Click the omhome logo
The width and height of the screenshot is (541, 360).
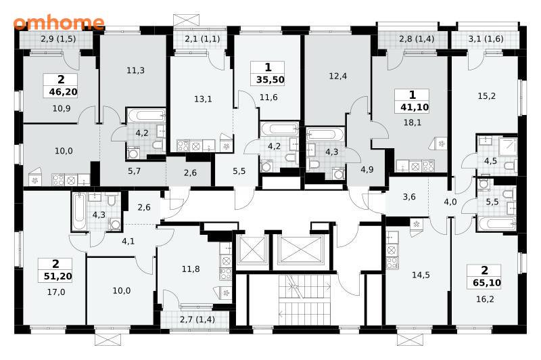coord(59,23)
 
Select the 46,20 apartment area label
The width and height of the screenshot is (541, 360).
coord(63,92)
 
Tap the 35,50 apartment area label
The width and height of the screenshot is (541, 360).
coord(270,80)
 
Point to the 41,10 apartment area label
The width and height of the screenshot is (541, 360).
coord(415,108)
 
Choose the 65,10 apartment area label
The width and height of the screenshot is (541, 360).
coord(487,283)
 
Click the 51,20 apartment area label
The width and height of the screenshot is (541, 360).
coord(58,276)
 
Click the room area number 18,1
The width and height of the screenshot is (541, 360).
coord(413,122)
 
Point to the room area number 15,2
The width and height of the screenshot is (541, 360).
coord(486,96)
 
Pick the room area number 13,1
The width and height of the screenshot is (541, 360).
coord(203,99)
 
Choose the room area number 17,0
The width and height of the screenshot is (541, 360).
coord(56,292)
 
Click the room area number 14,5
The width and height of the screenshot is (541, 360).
coord(421,275)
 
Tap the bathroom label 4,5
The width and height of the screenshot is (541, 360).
coord(490,161)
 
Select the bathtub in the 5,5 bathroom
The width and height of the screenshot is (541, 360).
coord(497,224)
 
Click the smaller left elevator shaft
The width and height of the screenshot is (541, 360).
coord(252,250)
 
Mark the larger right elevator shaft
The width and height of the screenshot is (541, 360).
coord(301,250)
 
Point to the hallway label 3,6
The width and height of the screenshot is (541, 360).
coord(409,197)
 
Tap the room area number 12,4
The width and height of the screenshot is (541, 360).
coord(337,76)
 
